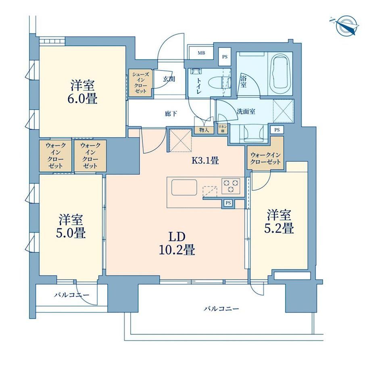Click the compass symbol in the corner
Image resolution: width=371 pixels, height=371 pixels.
[346, 26]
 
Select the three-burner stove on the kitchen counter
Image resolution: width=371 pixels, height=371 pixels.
[231, 186]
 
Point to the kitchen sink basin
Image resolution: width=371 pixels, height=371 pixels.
[184, 188]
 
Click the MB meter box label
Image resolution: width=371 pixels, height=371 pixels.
[201, 53]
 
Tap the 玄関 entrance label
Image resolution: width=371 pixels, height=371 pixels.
[169, 79]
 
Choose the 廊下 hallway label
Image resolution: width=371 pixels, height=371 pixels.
[171, 114]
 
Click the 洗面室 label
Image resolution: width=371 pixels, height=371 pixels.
[246, 111]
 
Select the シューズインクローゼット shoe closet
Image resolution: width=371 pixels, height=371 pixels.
[141, 83]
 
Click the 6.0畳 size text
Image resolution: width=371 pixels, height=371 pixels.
[83, 99]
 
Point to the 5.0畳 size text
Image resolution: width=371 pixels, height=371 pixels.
[71, 233]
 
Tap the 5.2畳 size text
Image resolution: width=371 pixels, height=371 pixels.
[279, 228]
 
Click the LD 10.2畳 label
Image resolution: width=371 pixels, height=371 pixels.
[177, 244]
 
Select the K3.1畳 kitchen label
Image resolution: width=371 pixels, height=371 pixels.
[205, 160]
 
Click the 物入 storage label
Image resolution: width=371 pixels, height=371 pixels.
[204, 130]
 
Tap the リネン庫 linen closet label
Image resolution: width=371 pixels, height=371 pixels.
[223, 129]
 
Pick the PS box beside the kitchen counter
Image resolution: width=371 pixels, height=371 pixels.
[228, 203]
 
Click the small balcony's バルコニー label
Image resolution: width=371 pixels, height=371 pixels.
[72, 295]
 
